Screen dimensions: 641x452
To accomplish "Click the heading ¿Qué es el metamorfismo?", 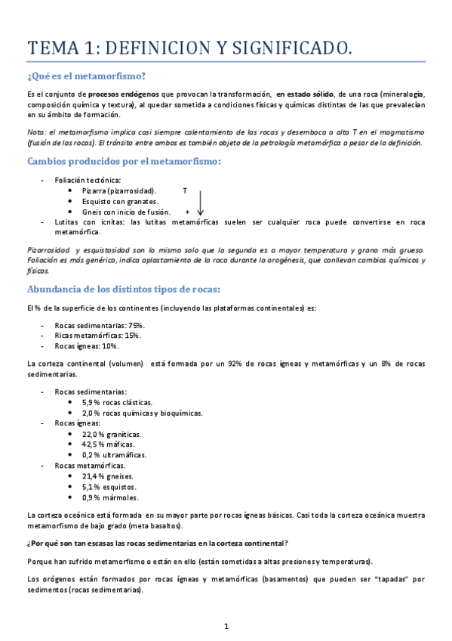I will pos(86,76).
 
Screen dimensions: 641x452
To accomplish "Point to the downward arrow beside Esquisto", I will pos(201,202).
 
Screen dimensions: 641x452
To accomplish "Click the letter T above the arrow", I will pos(185,191).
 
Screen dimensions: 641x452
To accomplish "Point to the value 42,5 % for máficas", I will pos(94,444).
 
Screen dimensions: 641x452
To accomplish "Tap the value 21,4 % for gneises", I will pos(94,476).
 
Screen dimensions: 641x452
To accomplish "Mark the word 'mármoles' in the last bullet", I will pos(121,497).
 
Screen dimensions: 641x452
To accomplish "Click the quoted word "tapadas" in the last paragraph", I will pos(390,579).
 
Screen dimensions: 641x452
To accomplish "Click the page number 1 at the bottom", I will pos(226,626).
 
